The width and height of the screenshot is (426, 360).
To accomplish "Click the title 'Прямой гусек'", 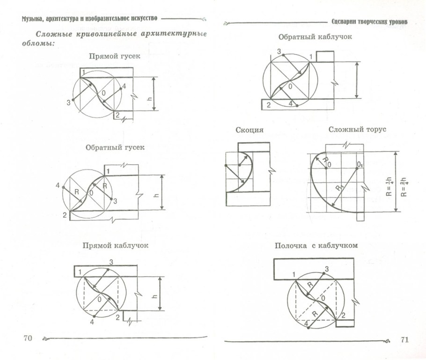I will [x=108, y=56].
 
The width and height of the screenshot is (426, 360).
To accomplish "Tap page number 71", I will [x=405, y=339].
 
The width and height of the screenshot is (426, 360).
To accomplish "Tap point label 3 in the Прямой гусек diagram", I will [x=68, y=102].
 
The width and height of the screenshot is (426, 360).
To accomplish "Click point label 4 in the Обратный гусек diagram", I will [x=58, y=185].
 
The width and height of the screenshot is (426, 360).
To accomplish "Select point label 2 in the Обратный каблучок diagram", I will [x=268, y=105].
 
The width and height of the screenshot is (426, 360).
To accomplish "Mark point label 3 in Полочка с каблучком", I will [x=326, y=268].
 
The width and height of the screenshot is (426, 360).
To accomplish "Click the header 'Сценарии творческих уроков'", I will [x=369, y=22].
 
